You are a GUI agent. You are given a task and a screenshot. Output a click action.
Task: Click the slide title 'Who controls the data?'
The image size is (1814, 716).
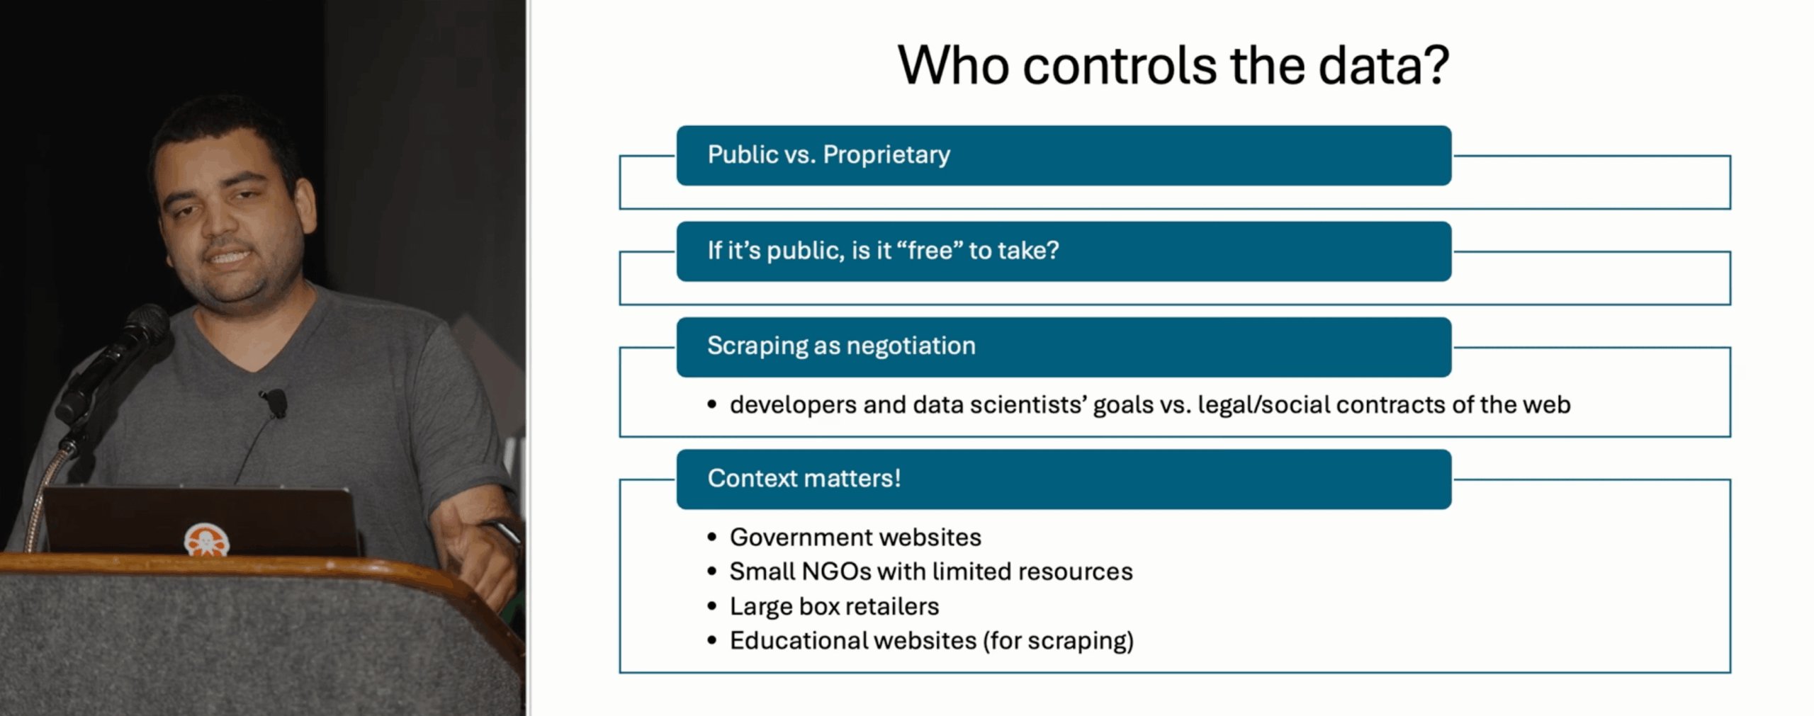(x=1173, y=65)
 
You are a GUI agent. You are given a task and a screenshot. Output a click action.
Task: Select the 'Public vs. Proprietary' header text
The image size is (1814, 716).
(x=828, y=154)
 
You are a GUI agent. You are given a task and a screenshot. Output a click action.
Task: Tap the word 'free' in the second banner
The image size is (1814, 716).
(x=933, y=250)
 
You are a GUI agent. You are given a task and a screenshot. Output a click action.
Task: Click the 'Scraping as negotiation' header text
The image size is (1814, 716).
(x=841, y=346)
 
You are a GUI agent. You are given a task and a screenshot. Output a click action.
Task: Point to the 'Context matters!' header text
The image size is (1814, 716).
(x=804, y=478)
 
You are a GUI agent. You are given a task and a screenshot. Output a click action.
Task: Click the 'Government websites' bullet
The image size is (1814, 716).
(x=855, y=537)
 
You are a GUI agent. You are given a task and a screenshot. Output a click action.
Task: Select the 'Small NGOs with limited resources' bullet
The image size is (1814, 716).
(x=931, y=572)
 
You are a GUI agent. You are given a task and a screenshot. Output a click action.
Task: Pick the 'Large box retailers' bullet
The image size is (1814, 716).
(x=834, y=606)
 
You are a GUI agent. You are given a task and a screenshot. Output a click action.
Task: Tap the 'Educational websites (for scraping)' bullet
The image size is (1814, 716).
(x=932, y=641)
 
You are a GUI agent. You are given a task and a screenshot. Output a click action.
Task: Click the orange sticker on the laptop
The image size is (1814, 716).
(x=206, y=540)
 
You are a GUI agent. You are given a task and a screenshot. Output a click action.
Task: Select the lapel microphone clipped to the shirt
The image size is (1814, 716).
(x=274, y=402)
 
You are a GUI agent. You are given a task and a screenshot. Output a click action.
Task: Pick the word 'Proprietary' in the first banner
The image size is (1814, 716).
(x=886, y=154)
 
